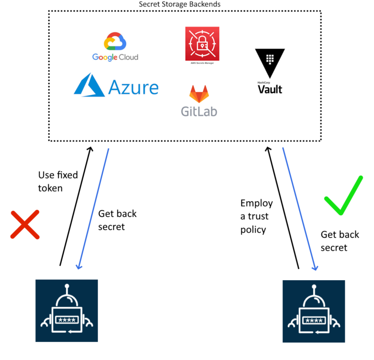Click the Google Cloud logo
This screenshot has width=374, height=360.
coord(115,47)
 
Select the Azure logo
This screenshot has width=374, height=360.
coord(116,87)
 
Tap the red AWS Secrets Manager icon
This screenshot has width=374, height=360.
coord(202,44)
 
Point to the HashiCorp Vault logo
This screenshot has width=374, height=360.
coord(270,71)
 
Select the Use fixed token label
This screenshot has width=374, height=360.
coord(57,181)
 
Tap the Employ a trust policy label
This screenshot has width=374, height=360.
coord(256,216)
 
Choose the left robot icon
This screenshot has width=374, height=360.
coord(66,310)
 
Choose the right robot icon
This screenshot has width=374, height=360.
coord(314,310)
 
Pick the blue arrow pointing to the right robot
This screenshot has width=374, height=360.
coord(300,209)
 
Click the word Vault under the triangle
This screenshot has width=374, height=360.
coord(270,90)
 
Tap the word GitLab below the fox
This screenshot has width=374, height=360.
coord(199,111)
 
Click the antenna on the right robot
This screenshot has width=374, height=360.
coord(314,290)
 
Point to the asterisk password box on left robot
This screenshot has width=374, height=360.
coord(66,320)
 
